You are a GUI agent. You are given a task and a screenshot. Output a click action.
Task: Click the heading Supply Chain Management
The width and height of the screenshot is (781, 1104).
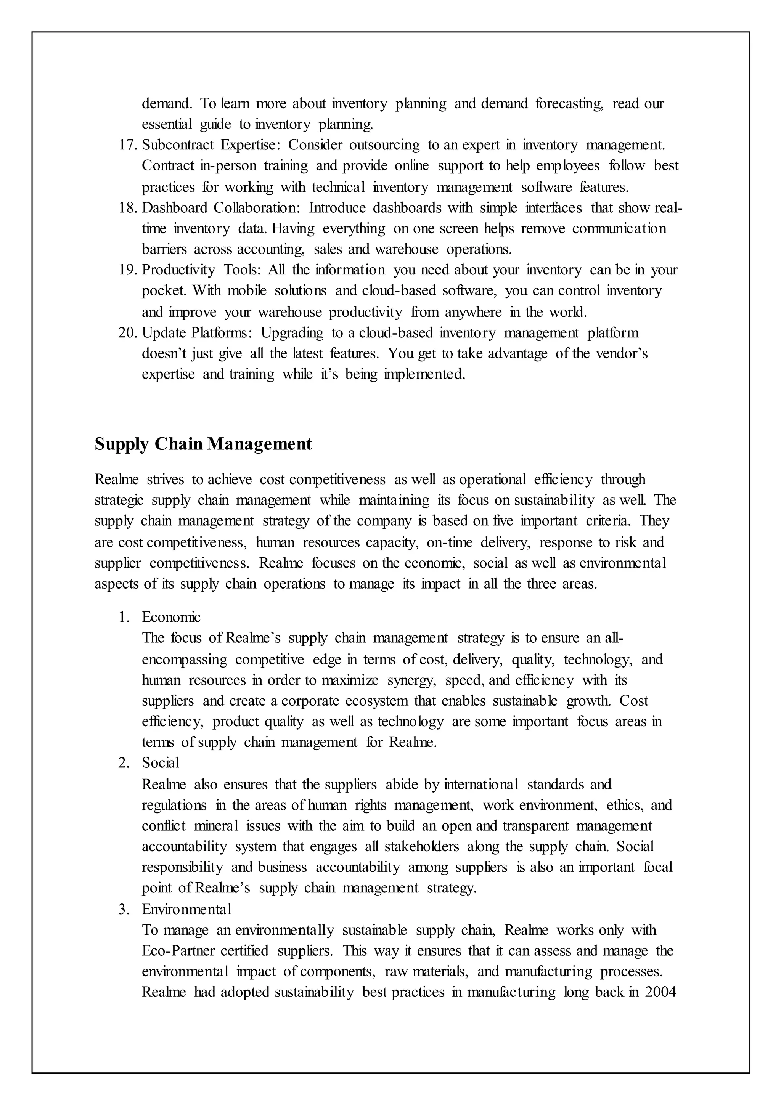(203, 444)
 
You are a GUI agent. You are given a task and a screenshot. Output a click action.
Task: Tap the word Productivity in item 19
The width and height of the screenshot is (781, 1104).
(178, 270)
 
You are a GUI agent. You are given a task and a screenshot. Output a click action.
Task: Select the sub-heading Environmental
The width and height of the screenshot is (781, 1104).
(186, 909)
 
